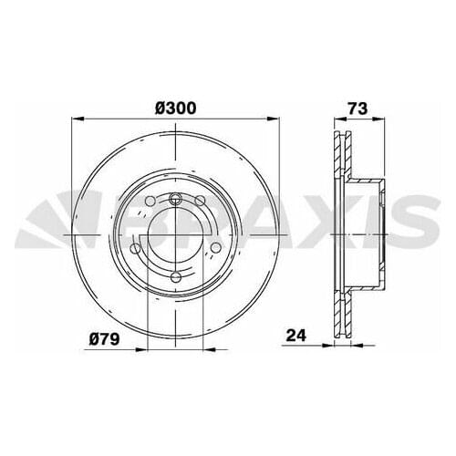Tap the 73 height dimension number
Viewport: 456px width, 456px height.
tap(357, 108)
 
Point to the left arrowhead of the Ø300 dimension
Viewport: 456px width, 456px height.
tap(77, 119)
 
